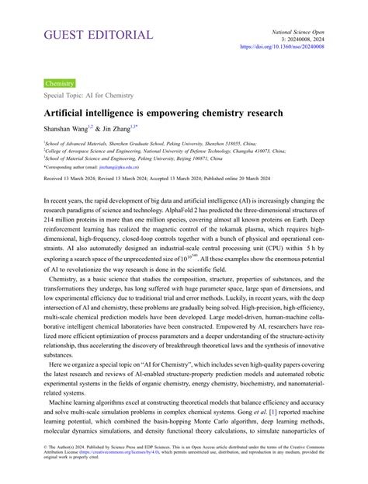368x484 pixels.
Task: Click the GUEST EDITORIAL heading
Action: [x=98, y=36]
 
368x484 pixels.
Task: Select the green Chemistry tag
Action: [x=60, y=82]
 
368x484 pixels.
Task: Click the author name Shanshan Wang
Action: [x=70, y=128]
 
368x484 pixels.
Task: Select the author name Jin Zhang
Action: [x=125, y=128]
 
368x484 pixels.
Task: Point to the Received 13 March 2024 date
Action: [x=74, y=179]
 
